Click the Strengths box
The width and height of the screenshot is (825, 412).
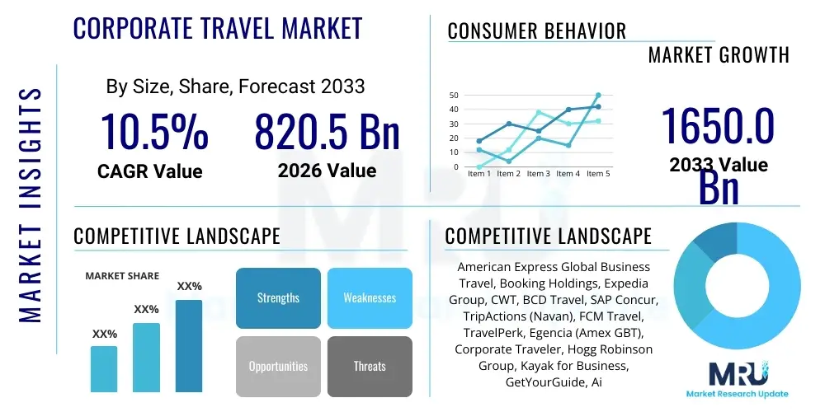[x=278, y=297]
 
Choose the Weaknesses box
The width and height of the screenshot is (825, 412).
[x=370, y=297]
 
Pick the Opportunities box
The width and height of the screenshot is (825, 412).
[x=278, y=366]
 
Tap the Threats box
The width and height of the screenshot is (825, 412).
[x=370, y=366]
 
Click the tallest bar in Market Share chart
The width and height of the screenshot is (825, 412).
[x=189, y=345]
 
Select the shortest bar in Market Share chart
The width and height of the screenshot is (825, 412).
[x=104, y=368]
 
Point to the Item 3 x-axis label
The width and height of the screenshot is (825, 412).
[x=539, y=174]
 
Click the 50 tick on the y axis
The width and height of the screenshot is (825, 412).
[x=454, y=96]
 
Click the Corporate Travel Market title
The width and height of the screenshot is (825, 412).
[x=218, y=29]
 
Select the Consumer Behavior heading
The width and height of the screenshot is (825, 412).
[x=537, y=31]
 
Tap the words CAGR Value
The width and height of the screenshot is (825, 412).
[x=149, y=171]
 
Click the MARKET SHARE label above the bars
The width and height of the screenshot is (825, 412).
[x=122, y=276]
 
